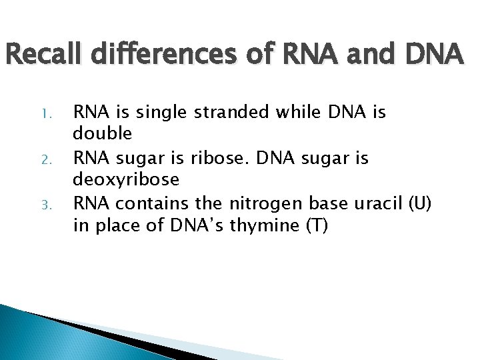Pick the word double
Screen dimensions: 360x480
[103, 134]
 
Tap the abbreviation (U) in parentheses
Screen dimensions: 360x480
[419, 203]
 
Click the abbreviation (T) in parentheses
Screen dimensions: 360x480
[316, 227]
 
